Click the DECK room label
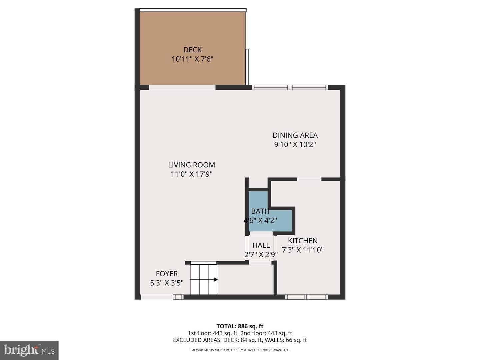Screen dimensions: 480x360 [x=192, y=50]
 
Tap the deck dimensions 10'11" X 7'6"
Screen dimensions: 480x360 [x=192, y=59]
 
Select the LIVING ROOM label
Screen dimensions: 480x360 [x=192, y=165]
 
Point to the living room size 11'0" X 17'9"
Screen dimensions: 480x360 [x=192, y=174]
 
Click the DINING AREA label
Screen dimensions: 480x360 [x=295, y=135]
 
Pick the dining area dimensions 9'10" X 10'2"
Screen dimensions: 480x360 [x=295, y=144]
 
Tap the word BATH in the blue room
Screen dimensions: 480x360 [x=260, y=211]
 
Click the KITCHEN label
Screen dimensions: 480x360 [x=303, y=241]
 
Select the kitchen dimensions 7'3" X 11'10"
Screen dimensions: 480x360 [x=303, y=250]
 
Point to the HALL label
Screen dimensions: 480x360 [x=261, y=245]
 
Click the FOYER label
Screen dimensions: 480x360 [x=167, y=274]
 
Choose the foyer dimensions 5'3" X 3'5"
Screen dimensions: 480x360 [x=167, y=283]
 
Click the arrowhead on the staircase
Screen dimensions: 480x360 [x=216, y=280]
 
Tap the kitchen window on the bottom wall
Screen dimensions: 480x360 [x=306, y=297]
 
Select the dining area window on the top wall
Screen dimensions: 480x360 [x=290, y=87]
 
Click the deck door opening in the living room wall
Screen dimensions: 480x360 [x=182, y=87]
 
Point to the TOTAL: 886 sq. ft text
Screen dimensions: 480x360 [x=240, y=326]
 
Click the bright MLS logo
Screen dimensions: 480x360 [x=29, y=350]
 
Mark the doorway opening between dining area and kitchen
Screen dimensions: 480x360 [x=309, y=179]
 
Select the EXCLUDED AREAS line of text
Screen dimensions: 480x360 [x=240, y=340]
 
